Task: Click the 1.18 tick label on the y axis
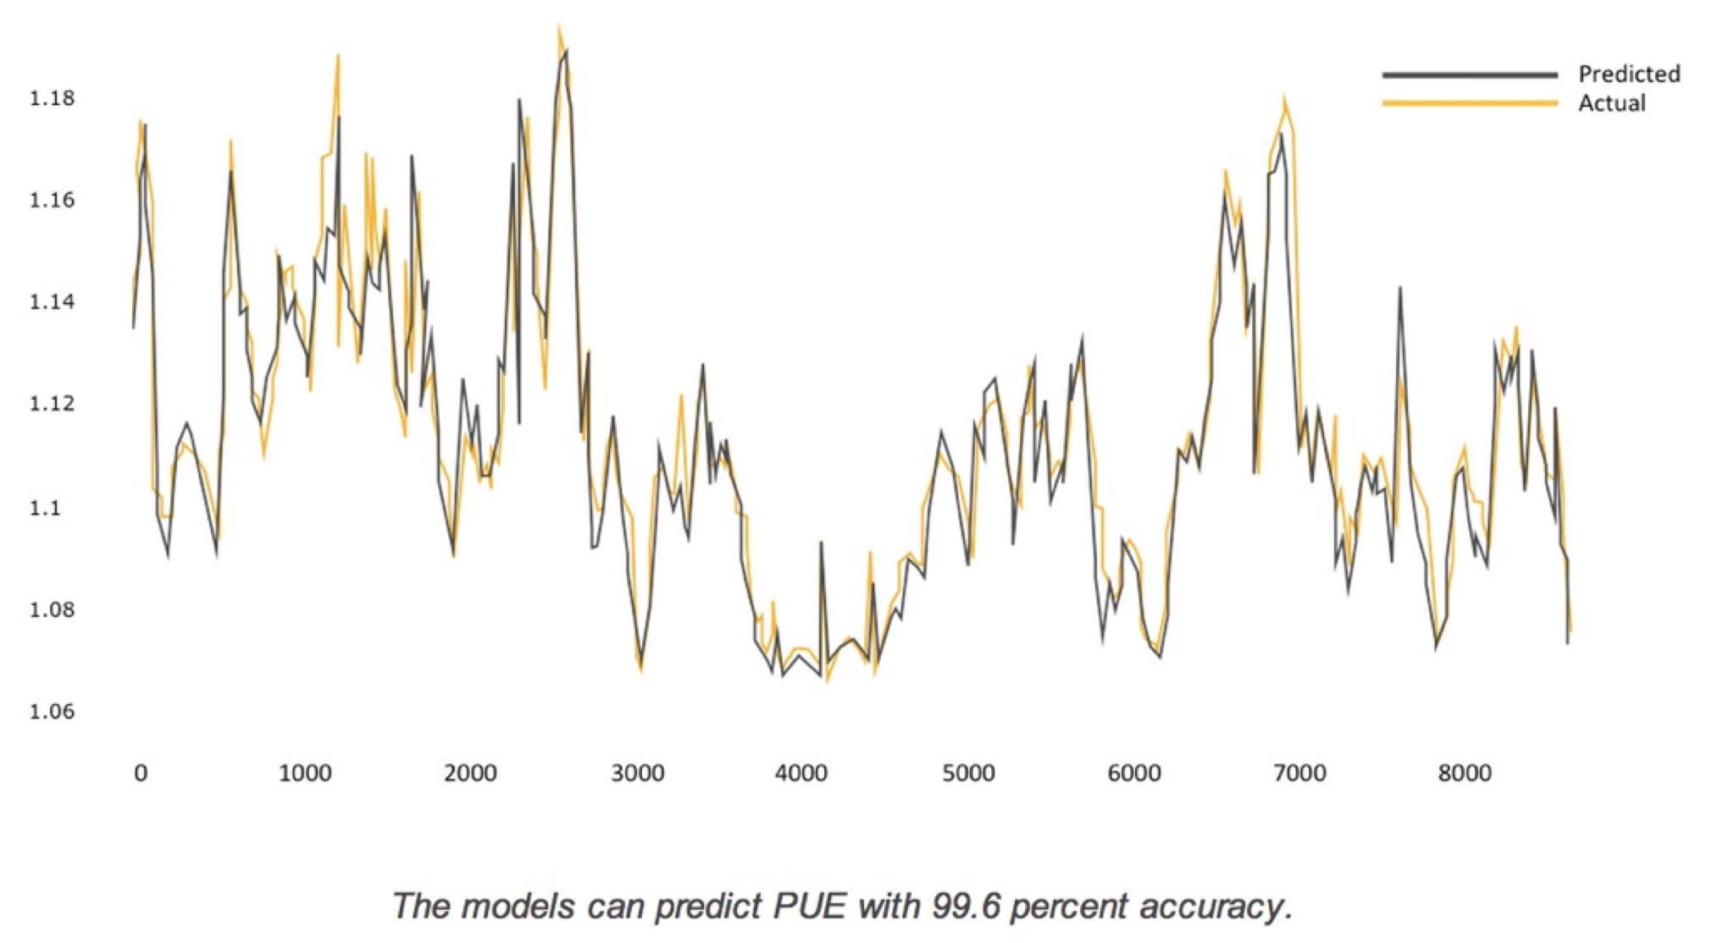coord(52,98)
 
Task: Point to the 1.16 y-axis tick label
coord(52,200)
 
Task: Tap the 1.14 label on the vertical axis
coord(52,302)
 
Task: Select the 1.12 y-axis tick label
coord(52,403)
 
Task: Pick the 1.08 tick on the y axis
coord(52,609)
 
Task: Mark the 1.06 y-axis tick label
coord(52,711)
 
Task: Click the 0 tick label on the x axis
coord(141,773)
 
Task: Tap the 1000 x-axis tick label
coord(305,773)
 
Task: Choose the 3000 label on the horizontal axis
coord(637,773)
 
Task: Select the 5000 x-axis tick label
coord(968,773)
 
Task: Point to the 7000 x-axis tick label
coord(1299,773)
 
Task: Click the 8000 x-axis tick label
coord(1465,773)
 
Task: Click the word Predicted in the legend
coord(1629,74)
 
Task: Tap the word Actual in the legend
coord(1611,103)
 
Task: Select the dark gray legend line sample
coord(1470,75)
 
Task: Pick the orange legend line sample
coord(1470,103)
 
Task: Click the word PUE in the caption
coord(809,906)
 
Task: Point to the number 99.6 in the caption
coord(966,906)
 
